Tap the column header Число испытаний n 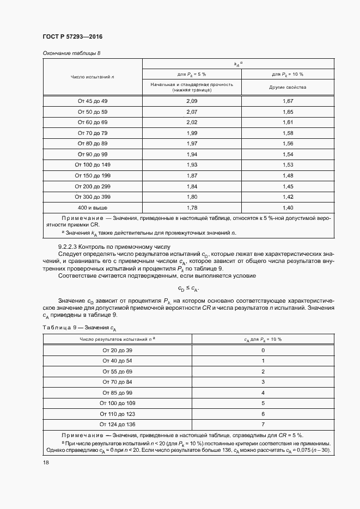[x=92, y=77]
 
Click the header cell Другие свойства [x=288, y=87]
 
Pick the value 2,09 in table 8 [x=191, y=101]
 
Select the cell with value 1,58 [x=288, y=133]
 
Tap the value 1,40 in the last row [x=288, y=207]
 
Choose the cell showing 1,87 [x=191, y=175]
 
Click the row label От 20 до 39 [x=117, y=351]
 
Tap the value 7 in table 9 [x=263, y=424]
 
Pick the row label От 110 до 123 [x=117, y=413]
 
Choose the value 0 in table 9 [x=263, y=351]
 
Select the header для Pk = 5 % [x=191, y=74]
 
